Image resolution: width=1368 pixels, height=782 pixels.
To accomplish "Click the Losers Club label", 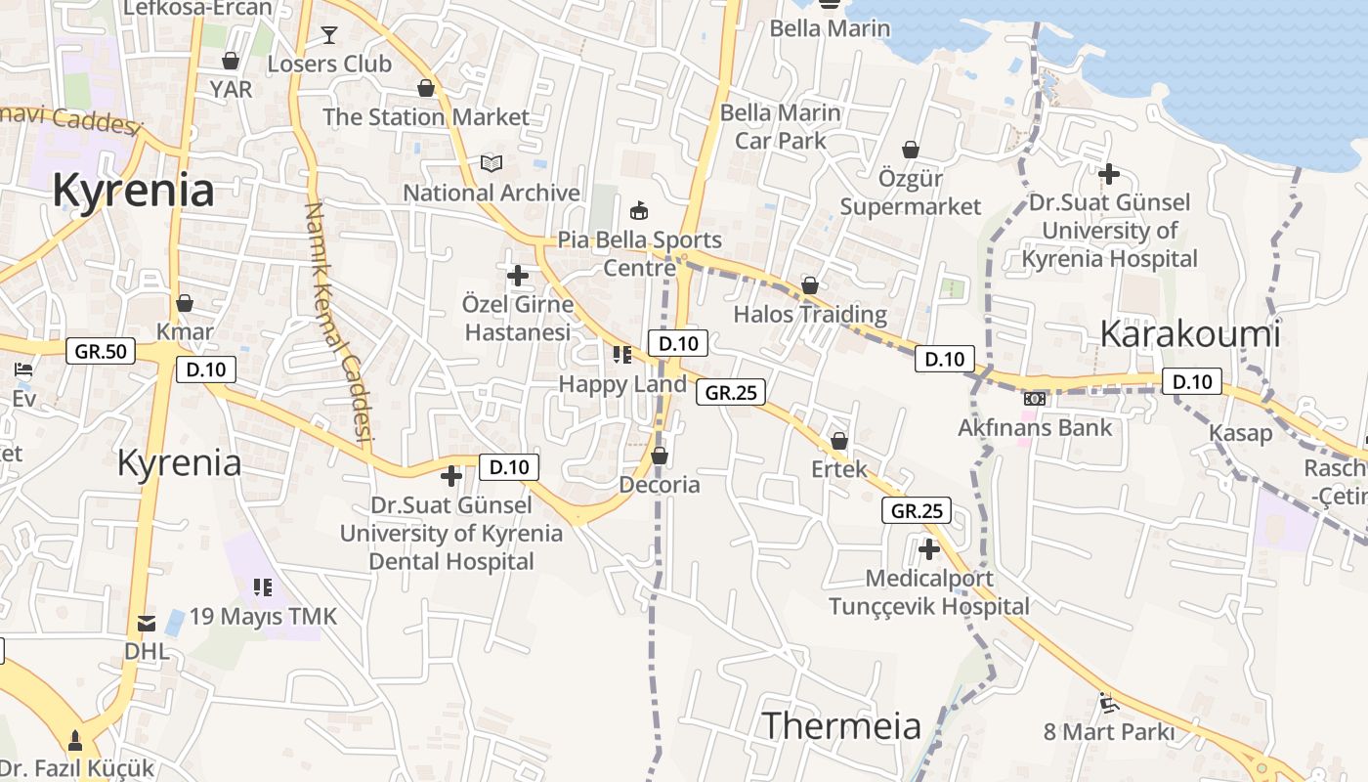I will coord(329,65).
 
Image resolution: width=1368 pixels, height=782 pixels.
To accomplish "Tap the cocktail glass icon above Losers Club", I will coord(329,35).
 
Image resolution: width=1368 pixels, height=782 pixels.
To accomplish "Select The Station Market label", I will coord(426,117).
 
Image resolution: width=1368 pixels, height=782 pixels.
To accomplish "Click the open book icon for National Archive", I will coord(492,163).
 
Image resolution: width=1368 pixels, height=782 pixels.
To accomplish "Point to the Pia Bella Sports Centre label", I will coord(639,253).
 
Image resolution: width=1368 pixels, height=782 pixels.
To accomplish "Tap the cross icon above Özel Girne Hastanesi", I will coord(518,276).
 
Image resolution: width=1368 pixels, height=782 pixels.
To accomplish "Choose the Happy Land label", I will coord(622,384).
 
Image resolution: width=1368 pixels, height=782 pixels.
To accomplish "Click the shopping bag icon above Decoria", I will coord(660,456).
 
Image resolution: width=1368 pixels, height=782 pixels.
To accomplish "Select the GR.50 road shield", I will coord(101,352).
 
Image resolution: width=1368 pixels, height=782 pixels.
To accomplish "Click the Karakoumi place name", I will coord(1189,334).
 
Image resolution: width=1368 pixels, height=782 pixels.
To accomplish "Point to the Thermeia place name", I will coord(841,726).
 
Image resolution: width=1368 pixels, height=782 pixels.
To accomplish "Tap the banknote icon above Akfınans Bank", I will coord(1035,399).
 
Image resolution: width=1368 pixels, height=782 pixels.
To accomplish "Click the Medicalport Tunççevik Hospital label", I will coord(929,592).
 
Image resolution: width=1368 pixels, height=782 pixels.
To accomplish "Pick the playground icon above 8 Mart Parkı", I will coord(1107,702).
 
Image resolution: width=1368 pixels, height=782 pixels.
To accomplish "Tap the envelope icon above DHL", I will coord(147,623).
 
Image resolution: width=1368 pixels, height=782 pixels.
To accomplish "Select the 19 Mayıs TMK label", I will coord(263,617).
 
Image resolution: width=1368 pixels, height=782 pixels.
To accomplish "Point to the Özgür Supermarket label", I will coord(911,193).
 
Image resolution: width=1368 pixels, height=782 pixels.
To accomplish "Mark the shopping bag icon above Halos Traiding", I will coord(810,285).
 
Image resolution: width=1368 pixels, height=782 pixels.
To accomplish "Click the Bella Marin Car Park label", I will coord(780,127).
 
